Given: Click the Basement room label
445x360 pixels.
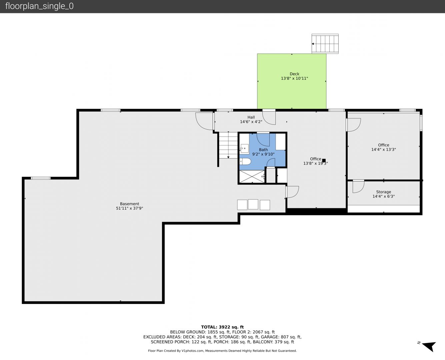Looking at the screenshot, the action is [129, 204].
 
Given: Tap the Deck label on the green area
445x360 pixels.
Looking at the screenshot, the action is [294, 74].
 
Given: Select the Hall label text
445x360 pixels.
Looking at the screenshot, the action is [251, 117].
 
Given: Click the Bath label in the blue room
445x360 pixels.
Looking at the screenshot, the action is [263, 150].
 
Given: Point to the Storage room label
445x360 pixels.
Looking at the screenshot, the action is [384, 192].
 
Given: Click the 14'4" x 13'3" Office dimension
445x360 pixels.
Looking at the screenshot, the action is [384, 149].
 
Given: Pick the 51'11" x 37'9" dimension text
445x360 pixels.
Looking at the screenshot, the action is [129, 208].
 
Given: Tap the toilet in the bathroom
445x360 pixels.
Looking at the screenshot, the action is [245, 162].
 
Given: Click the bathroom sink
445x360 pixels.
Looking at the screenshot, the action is [244, 148].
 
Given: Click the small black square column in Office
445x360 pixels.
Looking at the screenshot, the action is [324, 160].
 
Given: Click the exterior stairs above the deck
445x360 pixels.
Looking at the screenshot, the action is [325, 44].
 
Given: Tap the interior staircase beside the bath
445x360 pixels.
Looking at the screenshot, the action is [228, 145].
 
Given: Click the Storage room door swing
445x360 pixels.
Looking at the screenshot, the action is [359, 186].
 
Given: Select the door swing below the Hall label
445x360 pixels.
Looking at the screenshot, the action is [269, 118].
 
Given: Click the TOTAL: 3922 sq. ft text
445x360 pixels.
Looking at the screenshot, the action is [222, 327].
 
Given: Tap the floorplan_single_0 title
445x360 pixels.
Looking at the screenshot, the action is [39, 6].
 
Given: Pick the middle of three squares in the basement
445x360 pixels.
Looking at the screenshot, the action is [253, 204].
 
